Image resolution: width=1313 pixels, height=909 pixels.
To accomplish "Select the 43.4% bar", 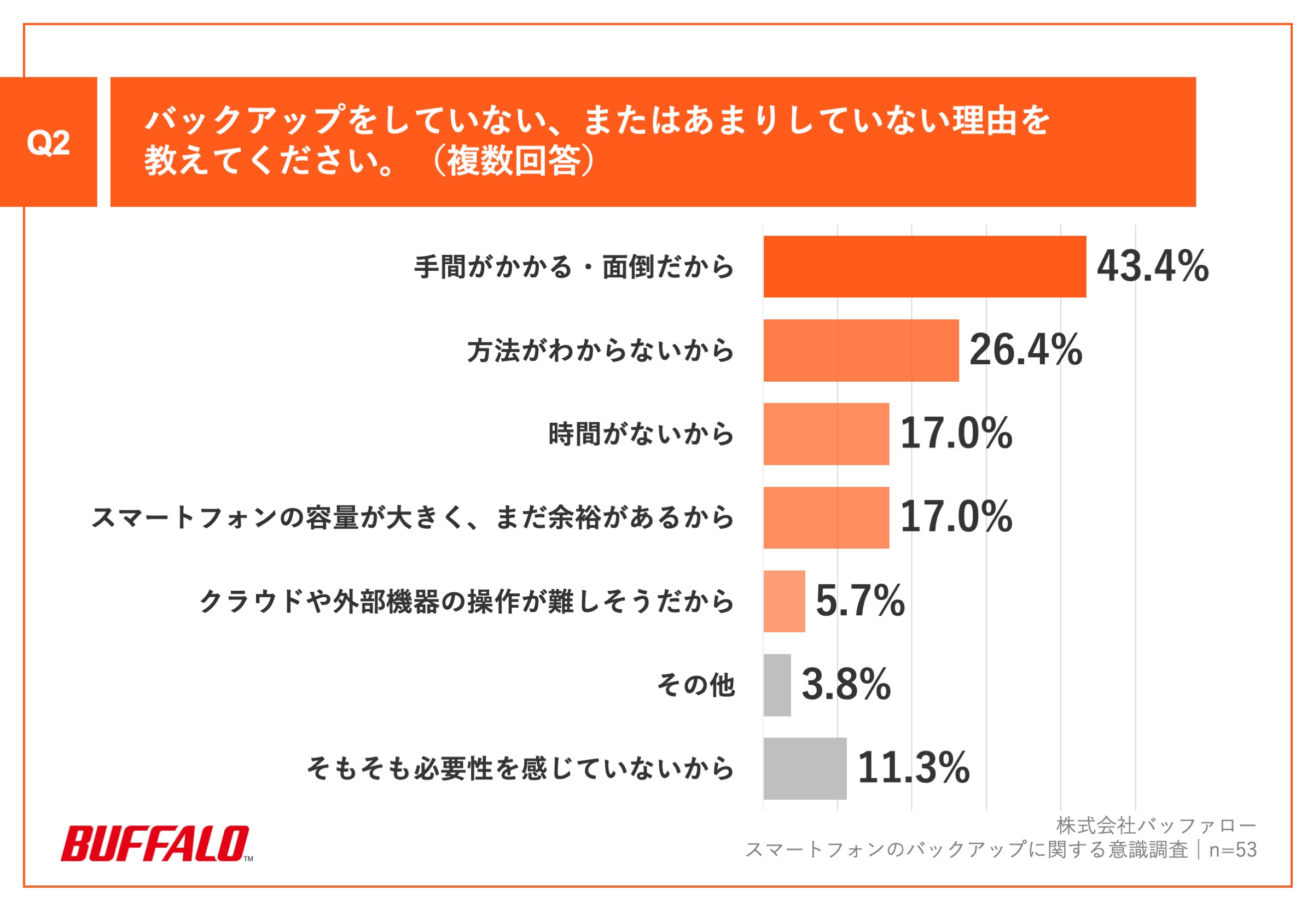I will click(924, 266).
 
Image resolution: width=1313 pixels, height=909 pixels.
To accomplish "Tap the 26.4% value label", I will click(1025, 349).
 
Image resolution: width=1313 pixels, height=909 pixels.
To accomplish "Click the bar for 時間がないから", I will click(826, 434).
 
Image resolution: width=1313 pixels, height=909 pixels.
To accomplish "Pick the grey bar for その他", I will click(777, 685).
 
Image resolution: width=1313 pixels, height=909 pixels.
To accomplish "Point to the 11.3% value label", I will click(913, 768).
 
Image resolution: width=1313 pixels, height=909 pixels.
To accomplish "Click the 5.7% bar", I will click(784, 602).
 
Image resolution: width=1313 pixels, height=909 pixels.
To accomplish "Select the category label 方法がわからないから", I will click(600, 350).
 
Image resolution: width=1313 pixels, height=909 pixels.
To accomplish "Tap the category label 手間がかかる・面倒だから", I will click(574, 266).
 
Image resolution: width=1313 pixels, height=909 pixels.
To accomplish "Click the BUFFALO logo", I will click(156, 843).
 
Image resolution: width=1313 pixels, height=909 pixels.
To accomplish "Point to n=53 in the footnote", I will click(1233, 850).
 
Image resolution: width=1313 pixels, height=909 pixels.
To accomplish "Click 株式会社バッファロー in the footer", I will click(1155, 825).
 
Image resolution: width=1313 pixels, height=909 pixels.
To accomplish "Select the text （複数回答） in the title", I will click(513, 161).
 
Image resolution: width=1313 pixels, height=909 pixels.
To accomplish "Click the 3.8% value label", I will click(846, 685).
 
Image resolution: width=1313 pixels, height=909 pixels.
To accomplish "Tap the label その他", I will click(695, 685).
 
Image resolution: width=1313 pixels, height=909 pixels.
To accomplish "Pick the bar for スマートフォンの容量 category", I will click(826, 518).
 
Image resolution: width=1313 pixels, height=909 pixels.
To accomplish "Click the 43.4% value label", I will click(1152, 266).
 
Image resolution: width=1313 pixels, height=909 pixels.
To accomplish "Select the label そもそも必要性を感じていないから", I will click(520, 768).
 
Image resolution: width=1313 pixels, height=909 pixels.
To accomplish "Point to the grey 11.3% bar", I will click(804, 768).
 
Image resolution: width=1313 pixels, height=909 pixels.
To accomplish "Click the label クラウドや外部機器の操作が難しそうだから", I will click(467, 602).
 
